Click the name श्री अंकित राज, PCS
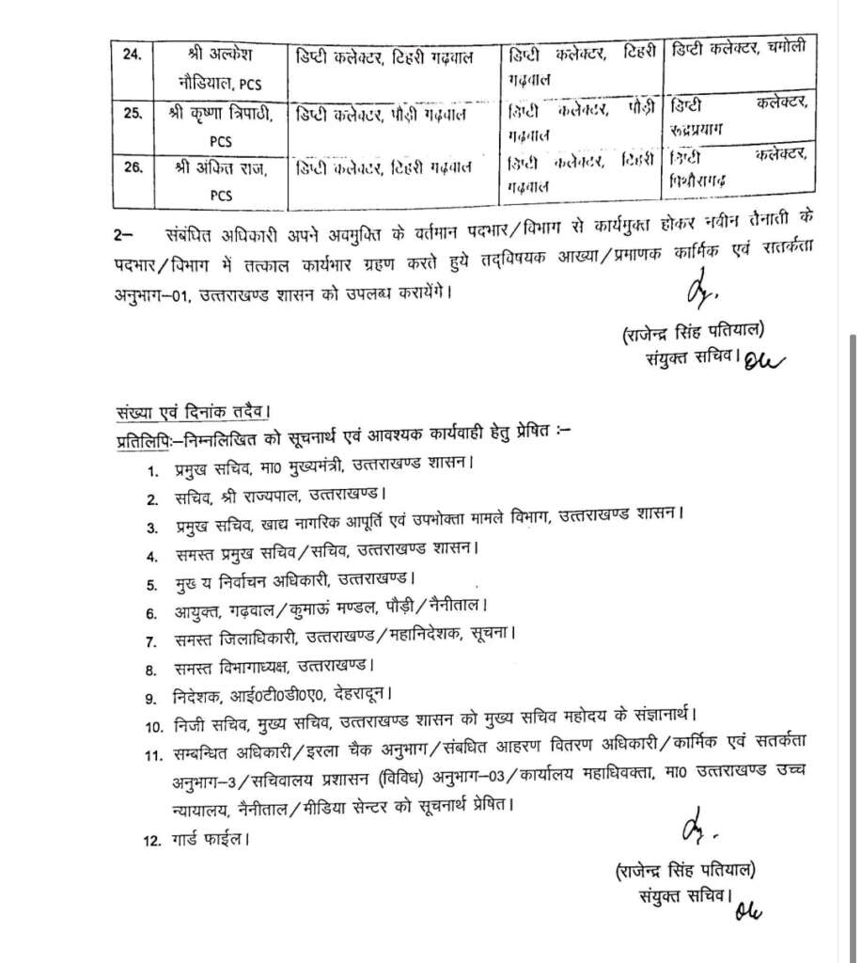click(214, 182)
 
